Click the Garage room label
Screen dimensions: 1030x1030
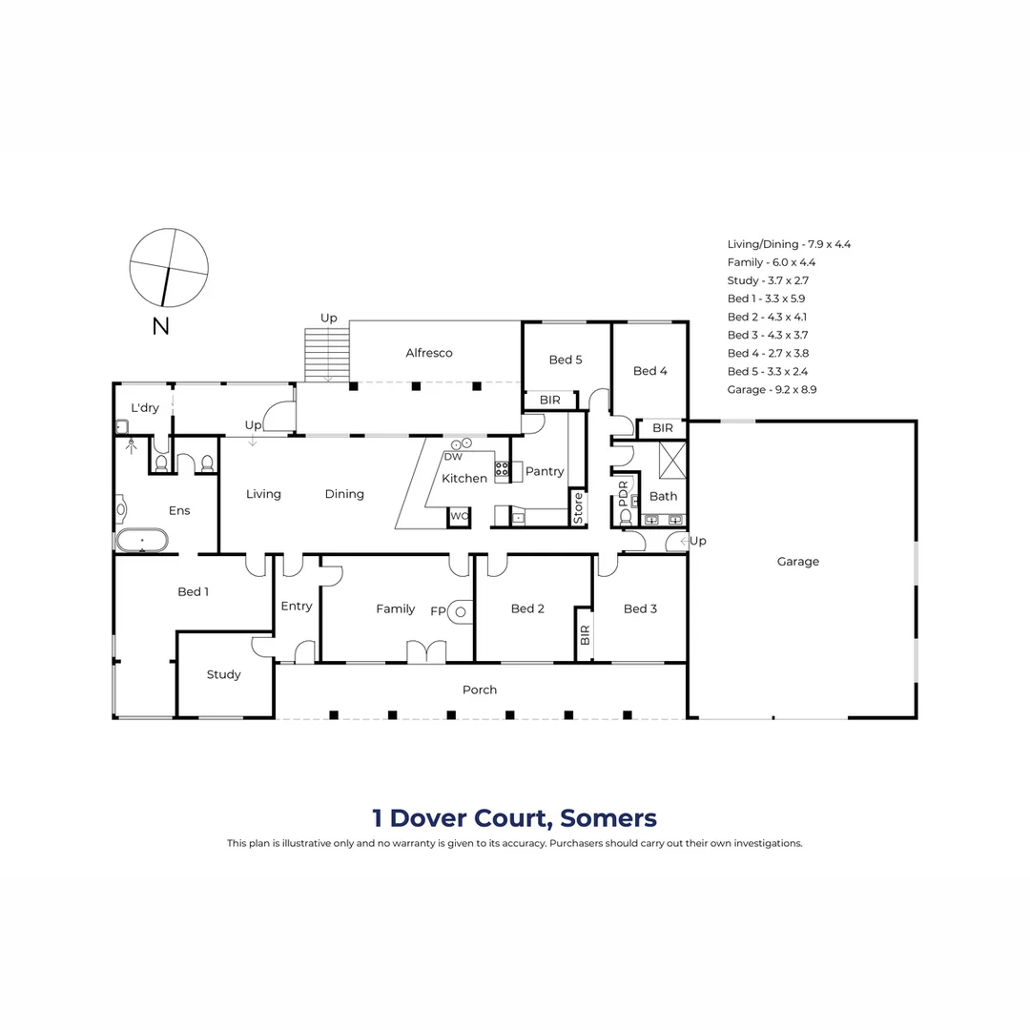[797, 562]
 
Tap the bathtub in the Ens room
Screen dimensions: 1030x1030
[142, 541]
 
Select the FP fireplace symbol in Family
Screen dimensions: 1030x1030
[462, 610]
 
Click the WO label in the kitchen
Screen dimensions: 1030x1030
[460, 516]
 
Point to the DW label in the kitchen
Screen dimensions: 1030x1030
[452, 457]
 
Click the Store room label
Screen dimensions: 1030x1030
[578, 507]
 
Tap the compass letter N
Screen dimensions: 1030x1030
[160, 326]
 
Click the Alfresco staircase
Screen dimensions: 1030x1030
[327, 355]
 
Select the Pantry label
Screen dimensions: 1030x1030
[545, 471]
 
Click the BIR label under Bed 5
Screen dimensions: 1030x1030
[549, 401]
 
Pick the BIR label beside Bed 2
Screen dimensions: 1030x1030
[585, 634]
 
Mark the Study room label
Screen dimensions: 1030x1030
[224, 674]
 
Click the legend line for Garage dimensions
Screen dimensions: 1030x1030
[772, 389]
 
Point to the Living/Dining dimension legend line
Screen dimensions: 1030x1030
[789, 244]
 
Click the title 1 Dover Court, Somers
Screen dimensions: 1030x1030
[514, 817]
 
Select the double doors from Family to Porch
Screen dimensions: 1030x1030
[426, 651]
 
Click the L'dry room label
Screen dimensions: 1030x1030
[145, 407]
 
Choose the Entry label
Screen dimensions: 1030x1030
[297, 606]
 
